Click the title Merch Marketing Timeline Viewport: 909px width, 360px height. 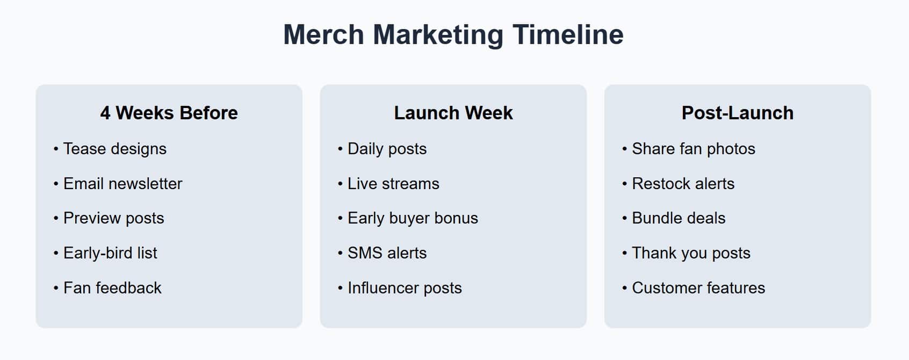pyautogui.click(x=453, y=34)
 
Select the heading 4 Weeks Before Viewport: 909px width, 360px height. pyautogui.click(x=169, y=113)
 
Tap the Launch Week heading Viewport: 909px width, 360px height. pyautogui.click(x=453, y=113)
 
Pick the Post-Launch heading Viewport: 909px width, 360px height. pyautogui.click(x=737, y=113)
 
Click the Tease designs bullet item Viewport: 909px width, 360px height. pyautogui.click(x=114, y=149)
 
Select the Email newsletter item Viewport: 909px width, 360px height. pyautogui.click(x=122, y=184)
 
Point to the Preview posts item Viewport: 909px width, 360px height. pyautogui.click(x=113, y=218)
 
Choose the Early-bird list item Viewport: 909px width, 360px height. pyautogui.click(x=110, y=253)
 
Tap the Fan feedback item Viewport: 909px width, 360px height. pyautogui.click(x=112, y=288)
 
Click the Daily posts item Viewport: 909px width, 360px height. pyautogui.click(x=387, y=149)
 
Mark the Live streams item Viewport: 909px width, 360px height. pyautogui.click(x=393, y=184)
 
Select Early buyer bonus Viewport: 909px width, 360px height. pyautogui.click(x=413, y=218)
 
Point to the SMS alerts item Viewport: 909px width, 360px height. pyautogui.click(x=387, y=253)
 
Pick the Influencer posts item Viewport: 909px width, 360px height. pyautogui.click(x=405, y=288)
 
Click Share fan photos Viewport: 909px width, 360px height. pyautogui.click(x=693, y=149)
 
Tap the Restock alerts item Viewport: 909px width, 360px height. pyautogui.click(x=683, y=184)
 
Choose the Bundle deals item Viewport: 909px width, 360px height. pyautogui.click(x=679, y=218)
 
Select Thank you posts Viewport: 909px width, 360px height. pyautogui.click(x=691, y=253)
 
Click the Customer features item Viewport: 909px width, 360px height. pyautogui.click(x=698, y=288)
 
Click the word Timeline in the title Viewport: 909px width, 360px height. pyautogui.click(x=568, y=34)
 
